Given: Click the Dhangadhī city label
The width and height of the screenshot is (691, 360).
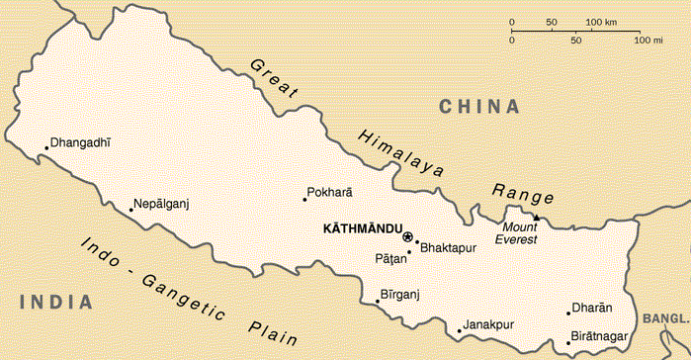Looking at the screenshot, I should [82, 141].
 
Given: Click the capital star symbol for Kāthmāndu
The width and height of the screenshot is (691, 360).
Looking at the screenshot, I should [407, 235].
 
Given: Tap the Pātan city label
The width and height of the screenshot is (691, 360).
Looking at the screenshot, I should [390, 259].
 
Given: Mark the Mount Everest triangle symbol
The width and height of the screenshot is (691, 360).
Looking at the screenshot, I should [536, 217].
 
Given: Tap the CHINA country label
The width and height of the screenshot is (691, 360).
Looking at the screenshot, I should [479, 106].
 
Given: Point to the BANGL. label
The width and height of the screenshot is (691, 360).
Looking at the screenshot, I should [664, 319].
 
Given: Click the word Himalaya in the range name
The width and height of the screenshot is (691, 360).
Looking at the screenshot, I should [401, 153].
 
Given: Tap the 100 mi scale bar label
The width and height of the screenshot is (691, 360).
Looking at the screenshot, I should [648, 41].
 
